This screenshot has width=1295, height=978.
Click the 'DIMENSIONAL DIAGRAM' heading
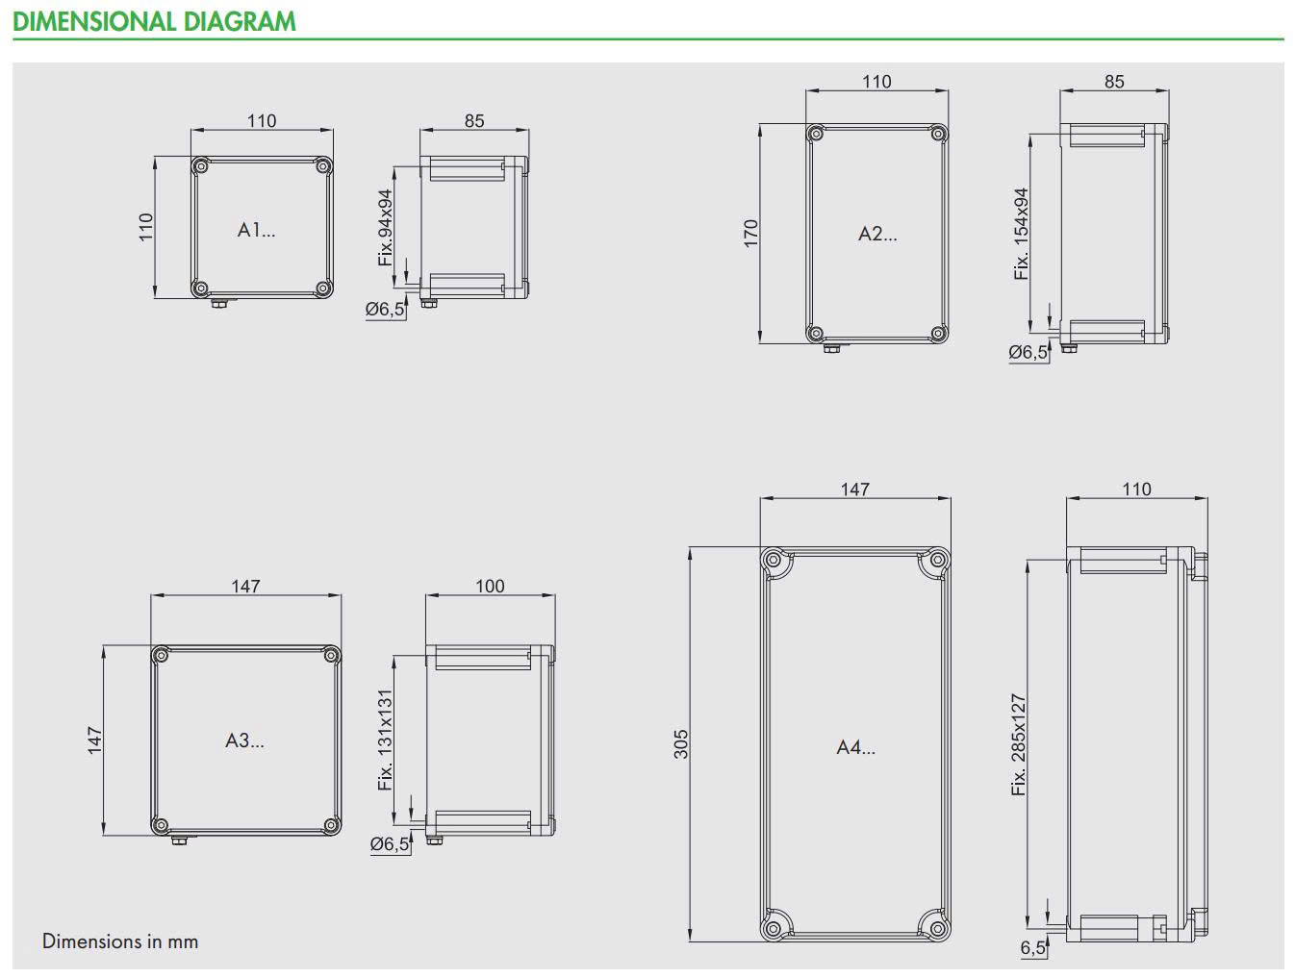click(x=154, y=21)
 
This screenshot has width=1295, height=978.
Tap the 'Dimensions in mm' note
click(x=119, y=940)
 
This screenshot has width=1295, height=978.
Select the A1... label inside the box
click(x=256, y=229)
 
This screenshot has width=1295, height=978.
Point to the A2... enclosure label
click(x=877, y=234)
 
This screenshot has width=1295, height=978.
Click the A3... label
click(x=244, y=740)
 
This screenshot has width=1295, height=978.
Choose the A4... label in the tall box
click(x=855, y=747)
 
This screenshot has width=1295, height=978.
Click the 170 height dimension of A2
click(x=749, y=234)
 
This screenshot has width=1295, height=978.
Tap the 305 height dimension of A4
click(x=680, y=744)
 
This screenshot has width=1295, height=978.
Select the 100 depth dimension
click(x=490, y=586)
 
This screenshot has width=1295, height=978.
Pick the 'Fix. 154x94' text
click(x=1020, y=234)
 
